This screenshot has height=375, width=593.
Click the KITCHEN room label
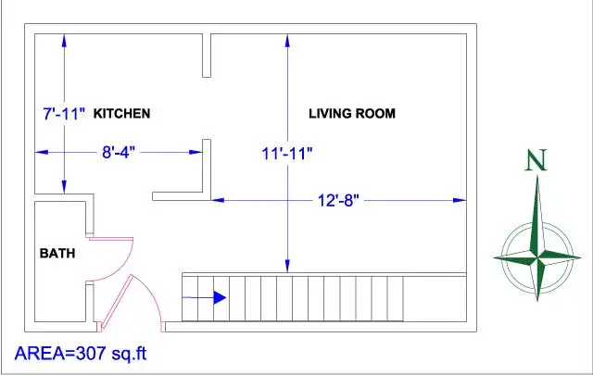(x=121, y=113)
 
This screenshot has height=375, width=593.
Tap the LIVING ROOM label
(x=352, y=113)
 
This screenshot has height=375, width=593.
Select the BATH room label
(x=57, y=253)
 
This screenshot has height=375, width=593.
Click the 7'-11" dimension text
(x=64, y=113)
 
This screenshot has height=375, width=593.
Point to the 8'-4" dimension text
(x=119, y=153)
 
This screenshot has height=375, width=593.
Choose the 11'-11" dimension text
(x=287, y=154)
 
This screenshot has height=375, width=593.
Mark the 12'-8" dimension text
(x=338, y=200)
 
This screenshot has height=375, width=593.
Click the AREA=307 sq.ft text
(x=81, y=354)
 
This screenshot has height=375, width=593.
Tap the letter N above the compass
(x=536, y=160)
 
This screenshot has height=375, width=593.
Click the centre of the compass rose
(x=537, y=257)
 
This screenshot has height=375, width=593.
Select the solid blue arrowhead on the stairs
(x=220, y=297)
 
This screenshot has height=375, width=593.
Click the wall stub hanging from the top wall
(x=207, y=56)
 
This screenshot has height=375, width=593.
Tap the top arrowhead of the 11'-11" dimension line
(x=287, y=41)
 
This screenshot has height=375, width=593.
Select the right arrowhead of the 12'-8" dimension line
(x=460, y=200)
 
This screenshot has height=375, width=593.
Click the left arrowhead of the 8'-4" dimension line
(x=42, y=153)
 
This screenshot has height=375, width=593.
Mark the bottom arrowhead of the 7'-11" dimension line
(x=64, y=187)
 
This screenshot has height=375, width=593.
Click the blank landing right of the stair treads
(x=435, y=299)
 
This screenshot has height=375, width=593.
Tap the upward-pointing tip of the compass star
(x=537, y=175)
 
